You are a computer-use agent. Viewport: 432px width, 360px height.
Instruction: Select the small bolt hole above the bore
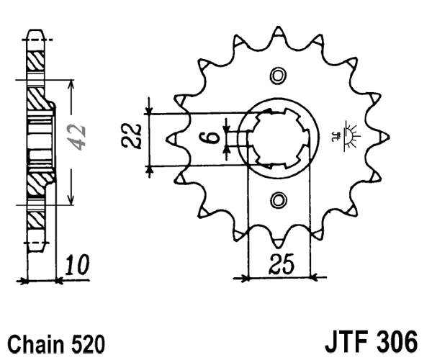[x=278, y=75]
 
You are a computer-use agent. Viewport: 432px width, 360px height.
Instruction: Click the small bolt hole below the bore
[x=278, y=199]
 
